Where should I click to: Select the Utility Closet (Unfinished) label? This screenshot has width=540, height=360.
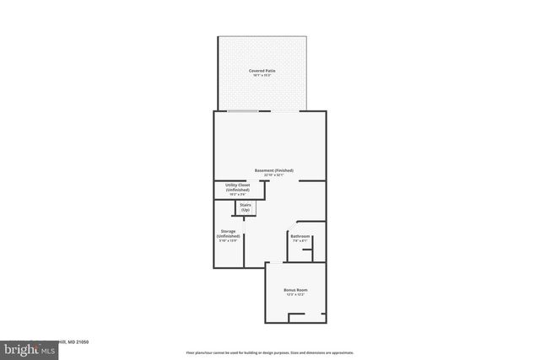point(238,187)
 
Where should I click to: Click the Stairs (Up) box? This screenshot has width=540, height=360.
point(246,207)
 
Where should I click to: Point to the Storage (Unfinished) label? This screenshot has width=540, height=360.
point(228,234)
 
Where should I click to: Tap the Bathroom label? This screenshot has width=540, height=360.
point(300,236)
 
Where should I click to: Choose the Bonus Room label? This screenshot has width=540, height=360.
point(294,290)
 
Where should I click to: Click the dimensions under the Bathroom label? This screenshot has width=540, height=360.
point(300,241)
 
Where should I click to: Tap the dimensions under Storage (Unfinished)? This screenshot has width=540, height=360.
point(228,242)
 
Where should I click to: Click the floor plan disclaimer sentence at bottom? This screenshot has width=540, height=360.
point(269,352)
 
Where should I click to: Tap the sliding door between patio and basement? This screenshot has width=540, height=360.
point(262,111)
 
